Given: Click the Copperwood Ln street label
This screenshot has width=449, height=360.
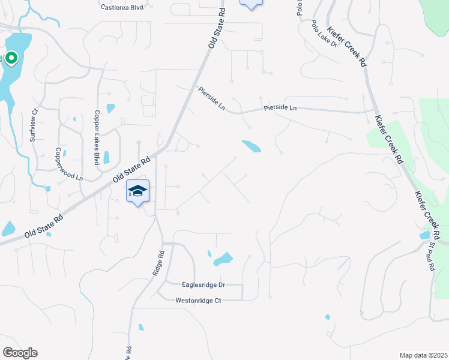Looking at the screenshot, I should pos(68,164).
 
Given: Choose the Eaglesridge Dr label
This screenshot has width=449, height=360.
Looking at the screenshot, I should pos(203,285).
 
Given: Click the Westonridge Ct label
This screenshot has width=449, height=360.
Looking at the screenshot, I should pos(199,300).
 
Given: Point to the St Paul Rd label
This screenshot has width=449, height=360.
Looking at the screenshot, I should pos(432,257).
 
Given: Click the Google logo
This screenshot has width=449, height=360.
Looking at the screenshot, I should pos(20,353).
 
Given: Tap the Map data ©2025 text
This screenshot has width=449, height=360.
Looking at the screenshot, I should pos(423,355).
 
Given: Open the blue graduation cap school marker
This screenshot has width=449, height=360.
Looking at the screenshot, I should pos(137,191).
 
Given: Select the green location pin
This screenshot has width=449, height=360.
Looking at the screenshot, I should pos(11,58).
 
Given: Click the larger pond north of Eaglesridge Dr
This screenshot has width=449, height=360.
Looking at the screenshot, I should pos(223,259).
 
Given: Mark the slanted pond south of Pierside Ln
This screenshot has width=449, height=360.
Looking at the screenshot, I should pos(252,146).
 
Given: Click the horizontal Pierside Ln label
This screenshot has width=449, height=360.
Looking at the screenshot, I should pos(280,108).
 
